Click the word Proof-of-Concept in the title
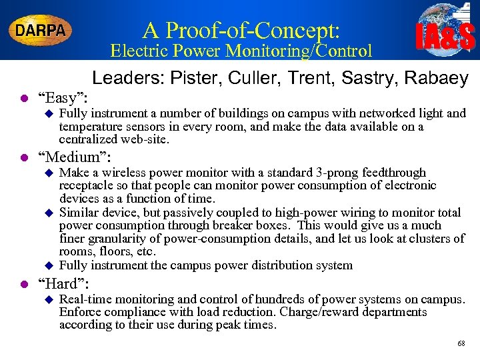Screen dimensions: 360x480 [x=266, y=30]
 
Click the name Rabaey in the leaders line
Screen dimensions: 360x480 [x=436, y=79]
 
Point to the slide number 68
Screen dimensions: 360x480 [x=461, y=344]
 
